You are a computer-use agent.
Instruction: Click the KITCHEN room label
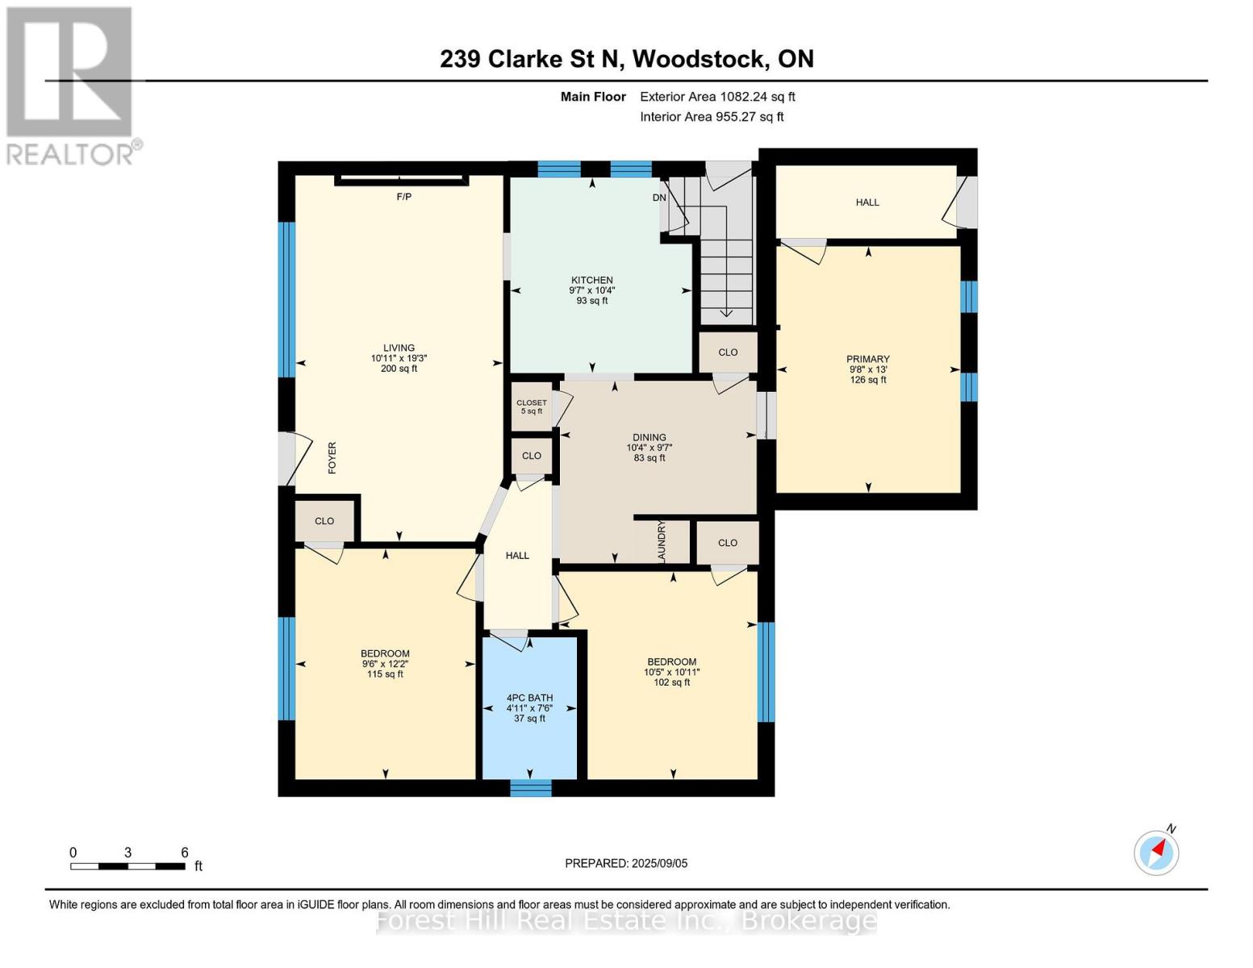click(x=592, y=281)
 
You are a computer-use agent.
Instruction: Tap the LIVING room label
click(x=399, y=348)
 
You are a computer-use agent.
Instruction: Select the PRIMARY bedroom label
click(x=867, y=360)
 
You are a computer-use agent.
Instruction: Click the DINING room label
click(x=649, y=438)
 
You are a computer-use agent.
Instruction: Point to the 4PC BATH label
click(x=529, y=699)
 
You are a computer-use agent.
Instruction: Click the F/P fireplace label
click(x=403, y=197)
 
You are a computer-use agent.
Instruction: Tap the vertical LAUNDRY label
click(x=662, y=541)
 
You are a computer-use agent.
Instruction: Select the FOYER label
click(x=332, y=457)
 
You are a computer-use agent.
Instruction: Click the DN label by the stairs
click(x=659, y=198)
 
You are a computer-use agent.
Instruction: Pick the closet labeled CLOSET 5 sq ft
click(x=531, y=407)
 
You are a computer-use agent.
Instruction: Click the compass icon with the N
click(x=1157, y=852)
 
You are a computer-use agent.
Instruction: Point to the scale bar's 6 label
click(x=185, y=853)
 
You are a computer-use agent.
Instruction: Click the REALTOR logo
click(x=71, y=85)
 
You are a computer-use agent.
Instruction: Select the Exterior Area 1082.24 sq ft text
click(x=717, y=97)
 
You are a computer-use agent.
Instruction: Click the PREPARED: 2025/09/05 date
click(x=626, y=863)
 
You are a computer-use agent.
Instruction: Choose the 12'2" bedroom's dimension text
click(x=385, y=665)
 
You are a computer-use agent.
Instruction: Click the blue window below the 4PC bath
click(x=531, y=788)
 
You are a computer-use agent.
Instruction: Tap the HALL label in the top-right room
click(x=867, y=202)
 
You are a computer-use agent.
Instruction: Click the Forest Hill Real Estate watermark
click(x=626, y=920)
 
